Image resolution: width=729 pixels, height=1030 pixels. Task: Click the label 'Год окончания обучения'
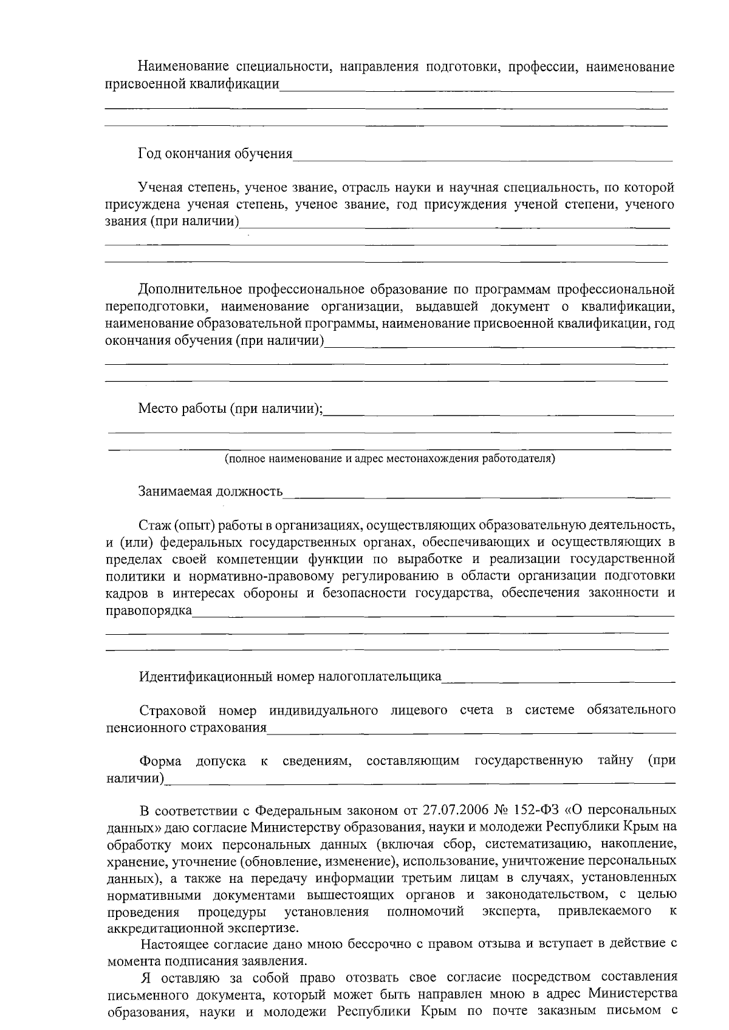point(216,154)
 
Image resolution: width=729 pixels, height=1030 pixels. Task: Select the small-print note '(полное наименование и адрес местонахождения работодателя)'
point(389,458)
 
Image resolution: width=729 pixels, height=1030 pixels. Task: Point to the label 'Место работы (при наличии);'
point(230,408)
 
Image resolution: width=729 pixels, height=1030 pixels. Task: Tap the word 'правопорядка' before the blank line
point(149,610)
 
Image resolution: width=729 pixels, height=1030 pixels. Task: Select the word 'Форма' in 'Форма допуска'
point(159,761)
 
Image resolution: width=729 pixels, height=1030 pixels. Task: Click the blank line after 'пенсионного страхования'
point(471,732)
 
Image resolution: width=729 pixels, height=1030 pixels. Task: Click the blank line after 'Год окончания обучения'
point(483,159)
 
